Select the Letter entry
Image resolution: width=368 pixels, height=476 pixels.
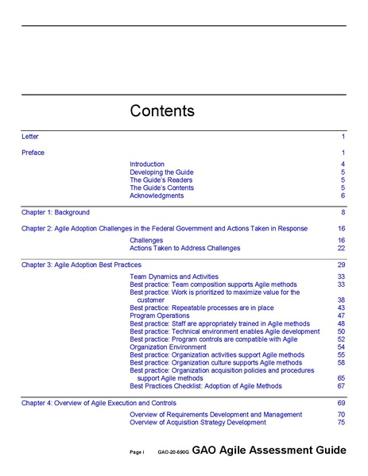[x=29, y=137]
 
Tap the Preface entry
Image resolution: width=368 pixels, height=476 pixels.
[x=33, y=152]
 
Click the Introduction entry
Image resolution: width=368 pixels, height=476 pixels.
[x=147, y=164]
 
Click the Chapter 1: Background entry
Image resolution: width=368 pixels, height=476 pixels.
[x=56, y=212]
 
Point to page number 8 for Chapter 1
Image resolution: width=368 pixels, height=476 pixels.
[x=343, y=212]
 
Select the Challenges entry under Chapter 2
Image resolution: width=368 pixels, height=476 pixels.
[x=146, y=240]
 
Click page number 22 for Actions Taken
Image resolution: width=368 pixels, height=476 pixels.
[x=341, y=248]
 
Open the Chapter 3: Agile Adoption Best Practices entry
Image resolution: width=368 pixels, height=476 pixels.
[x=81, y=265]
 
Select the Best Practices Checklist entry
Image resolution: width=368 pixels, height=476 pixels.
[x=205, y=386]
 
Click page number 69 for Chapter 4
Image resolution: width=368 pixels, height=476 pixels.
[x=341, y=403]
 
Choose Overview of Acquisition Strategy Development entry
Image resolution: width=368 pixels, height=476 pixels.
[x=208, y=423]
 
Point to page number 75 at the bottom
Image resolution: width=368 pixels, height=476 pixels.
[x=341, y=423]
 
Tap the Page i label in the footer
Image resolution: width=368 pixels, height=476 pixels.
[x=137, y=452]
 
